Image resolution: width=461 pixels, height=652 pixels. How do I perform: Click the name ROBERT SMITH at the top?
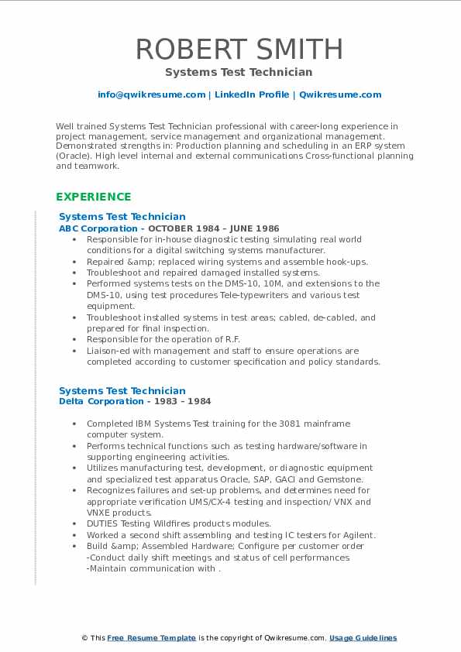pyautogui.click(x=239, y=49)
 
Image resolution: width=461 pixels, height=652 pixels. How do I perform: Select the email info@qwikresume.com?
pyautogui.click(x=151, y=94)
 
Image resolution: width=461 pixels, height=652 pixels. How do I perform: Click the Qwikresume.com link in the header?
pyautogui.click(x=340, y=94)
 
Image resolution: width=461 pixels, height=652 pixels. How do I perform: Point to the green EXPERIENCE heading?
pyautogui.click(x=94, y=197)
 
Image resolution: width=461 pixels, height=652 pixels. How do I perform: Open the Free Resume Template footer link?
pyautogui.click(x=151, y=638)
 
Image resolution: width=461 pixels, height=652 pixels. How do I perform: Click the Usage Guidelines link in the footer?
pyautogui.click(x=363, y=638)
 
